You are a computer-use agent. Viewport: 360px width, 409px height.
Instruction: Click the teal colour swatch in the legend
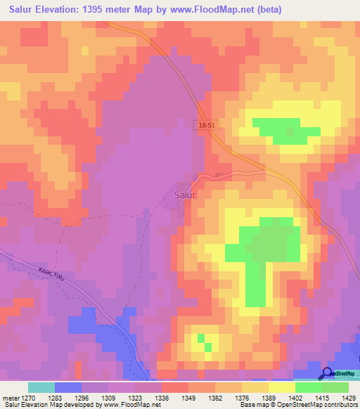tap(41, 387)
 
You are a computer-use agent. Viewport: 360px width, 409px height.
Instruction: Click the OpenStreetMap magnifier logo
tap(327, 374)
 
